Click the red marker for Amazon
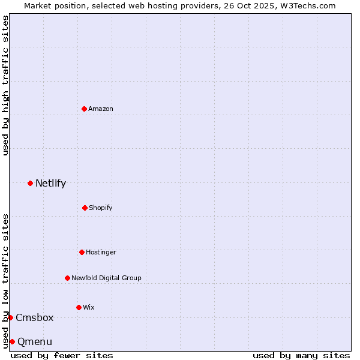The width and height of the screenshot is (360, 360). [x=84, y=109]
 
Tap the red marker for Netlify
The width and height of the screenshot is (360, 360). [x=30, y=183]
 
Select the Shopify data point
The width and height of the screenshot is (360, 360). [x=85, y=208]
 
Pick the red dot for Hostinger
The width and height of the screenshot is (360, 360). [x=82, y=252]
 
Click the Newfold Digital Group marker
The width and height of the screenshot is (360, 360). [x=67, y=278]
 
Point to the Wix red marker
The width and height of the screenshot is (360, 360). [x=79, y=307]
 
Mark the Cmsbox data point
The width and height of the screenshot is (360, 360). [x=10, y=317]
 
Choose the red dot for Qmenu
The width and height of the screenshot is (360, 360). [x=12, y=341]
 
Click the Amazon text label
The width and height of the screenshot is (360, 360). [x=101, y=109]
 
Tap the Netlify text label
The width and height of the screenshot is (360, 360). [x=50, y=183]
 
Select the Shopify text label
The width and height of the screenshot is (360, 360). [x=101, y=208]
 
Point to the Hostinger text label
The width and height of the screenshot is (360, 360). [x=101, y=252]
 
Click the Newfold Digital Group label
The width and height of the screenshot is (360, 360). [x=106, y=278]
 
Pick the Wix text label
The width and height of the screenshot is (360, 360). [x=89, y=307]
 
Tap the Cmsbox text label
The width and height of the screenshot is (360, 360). [x=35, y=317]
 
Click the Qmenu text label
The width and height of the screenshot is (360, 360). [x=35, y=341]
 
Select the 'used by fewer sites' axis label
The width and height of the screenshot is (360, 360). [x=62, y=355]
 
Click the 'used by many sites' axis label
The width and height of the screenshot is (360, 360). [x=301, y=355]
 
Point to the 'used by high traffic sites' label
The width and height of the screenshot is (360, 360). [x=5, y=85]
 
